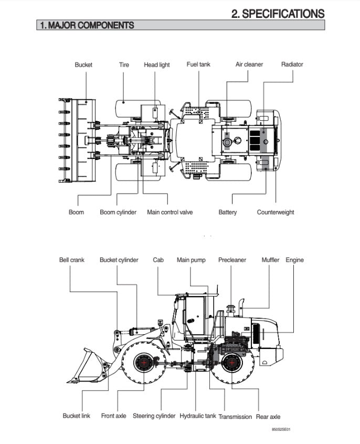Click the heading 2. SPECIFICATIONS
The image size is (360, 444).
(x=278, y=14)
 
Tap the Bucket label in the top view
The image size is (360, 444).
(x=83, y=65)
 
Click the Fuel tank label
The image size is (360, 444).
(x=199, y=65)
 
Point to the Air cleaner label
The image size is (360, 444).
(x=249, y=65)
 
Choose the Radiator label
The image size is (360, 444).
(x=292, y=65)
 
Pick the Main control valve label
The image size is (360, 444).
(x=170, y=212)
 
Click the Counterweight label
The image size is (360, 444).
(x=276, y=212)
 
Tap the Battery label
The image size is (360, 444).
(x=228, y=212)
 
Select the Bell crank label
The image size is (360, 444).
(x=71, y=260)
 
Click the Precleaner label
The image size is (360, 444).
(x=232, y=260)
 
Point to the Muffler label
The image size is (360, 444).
(x=270, y=260)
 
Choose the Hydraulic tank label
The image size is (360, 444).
(x=198, y=416)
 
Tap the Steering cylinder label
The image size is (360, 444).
(x=154, y=416)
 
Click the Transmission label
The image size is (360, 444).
(x=235, y=416)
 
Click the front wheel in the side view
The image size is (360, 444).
(x=142, y=363)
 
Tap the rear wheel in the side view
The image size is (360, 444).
(x=231, y=363)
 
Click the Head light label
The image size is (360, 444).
(x=157, y=65)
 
